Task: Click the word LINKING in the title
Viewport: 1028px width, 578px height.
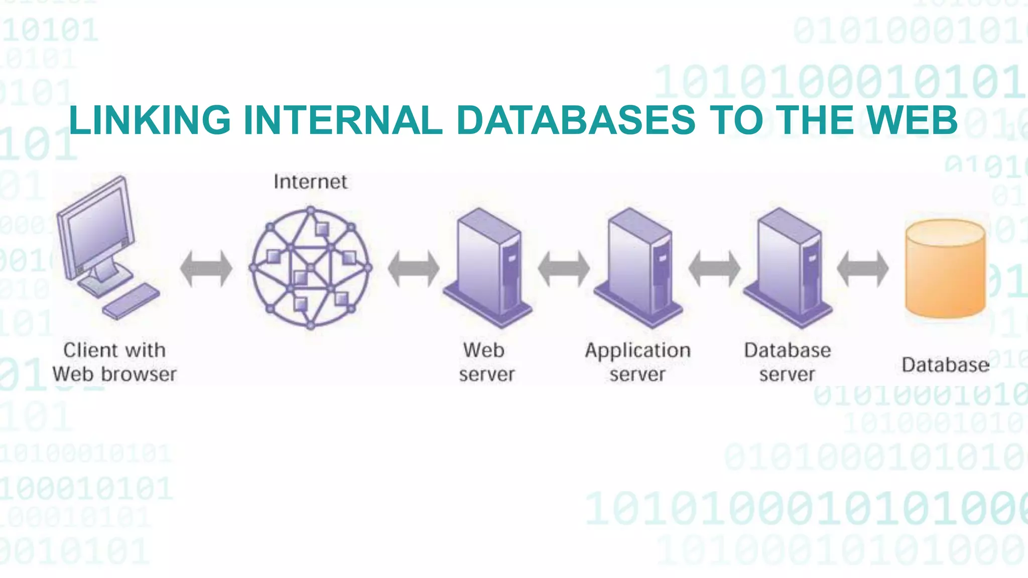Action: (x=150, y=120)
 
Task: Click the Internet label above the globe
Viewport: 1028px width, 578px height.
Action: (x=310, y=182)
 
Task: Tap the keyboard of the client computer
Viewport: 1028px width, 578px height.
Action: (x=131, y=301)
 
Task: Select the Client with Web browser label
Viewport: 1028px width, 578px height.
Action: (x=114, y=362)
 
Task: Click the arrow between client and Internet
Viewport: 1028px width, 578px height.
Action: (x=206, y=268)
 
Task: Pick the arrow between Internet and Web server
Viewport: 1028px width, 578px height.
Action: (x=414, y=268)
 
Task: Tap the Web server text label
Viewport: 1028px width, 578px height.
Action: (x=486, y=362)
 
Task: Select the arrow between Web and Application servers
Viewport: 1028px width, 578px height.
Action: (x=564, y=268)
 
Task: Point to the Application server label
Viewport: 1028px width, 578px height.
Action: (x=637, y=362)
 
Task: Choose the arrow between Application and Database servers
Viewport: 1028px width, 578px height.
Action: (x=714, y=268)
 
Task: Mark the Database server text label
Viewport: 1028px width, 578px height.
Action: (x=787, y=362)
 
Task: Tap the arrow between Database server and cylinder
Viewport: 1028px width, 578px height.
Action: (x=862, y=268)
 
